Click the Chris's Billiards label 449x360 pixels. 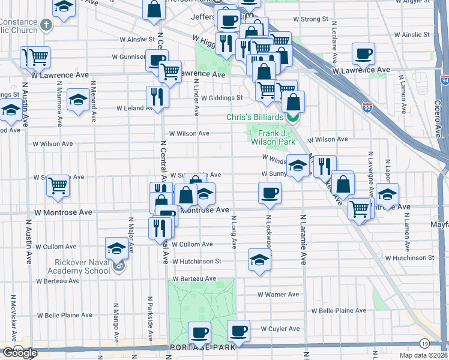click(255, 117)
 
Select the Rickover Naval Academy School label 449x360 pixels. click(82, 266)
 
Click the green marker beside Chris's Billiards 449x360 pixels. click(292, 117)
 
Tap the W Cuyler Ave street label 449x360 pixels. click(280, 329)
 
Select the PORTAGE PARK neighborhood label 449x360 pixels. click(199, 348)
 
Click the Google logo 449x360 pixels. click(20, 353)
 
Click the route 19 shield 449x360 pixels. click(424, 344)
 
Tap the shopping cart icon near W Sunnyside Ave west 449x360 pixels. click(58, 185)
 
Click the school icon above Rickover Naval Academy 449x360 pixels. click(116, 248)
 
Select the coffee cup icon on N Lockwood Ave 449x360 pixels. click(270, 192)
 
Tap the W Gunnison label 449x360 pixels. click(128, 57)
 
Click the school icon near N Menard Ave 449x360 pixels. click(78, 100)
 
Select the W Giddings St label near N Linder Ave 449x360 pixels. click(221, 98)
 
